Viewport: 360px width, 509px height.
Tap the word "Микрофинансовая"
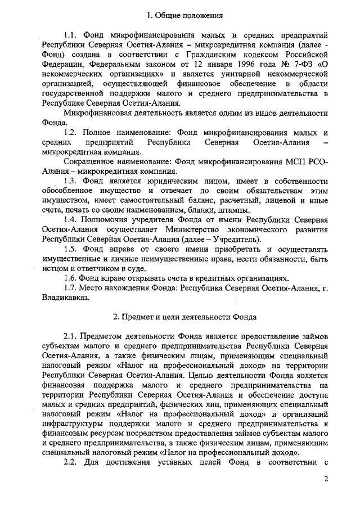tap(96, 112)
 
